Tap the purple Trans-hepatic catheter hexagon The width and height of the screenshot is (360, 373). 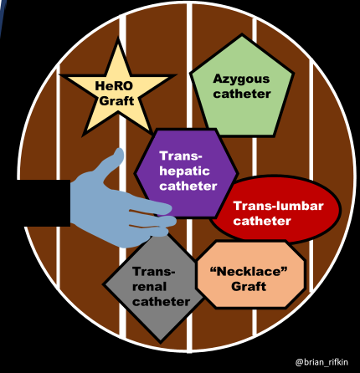(186, 172)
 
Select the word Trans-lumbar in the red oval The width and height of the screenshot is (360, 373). (274, 206)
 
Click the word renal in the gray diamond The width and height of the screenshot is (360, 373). (150, 286)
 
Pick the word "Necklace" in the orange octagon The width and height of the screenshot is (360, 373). (249, 270)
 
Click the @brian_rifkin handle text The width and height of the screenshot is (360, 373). (324, 360)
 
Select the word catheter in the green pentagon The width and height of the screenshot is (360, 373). (242, 95)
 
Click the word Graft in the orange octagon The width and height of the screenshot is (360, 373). (249, 286)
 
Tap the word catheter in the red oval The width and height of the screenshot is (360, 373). (274, 221)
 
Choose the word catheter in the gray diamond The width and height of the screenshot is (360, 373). (161, 301)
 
